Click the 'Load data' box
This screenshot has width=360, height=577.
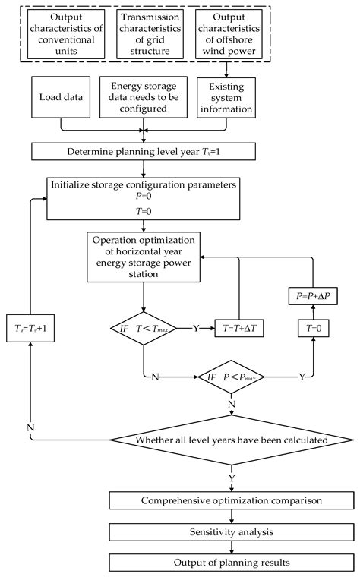coord(57,99)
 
